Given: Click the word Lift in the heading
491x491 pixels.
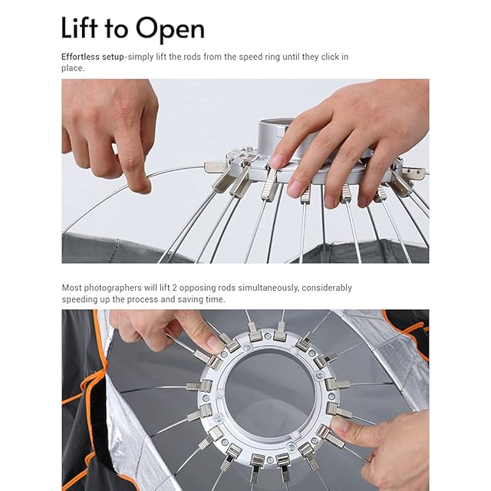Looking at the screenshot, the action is [79, 28].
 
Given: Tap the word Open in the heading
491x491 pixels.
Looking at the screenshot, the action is [170, 30].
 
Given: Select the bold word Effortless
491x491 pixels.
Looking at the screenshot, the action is [81, 57].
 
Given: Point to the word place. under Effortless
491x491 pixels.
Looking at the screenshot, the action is [73, 68].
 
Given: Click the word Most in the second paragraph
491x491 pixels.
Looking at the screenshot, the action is [71, 288].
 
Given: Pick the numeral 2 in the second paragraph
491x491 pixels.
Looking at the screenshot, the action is [175, 288].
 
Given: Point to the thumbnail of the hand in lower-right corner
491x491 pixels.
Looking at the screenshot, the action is [341, 424].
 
